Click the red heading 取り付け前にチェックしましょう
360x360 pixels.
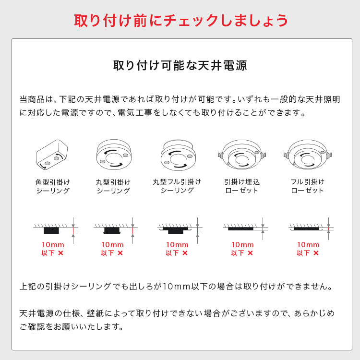(180, 20)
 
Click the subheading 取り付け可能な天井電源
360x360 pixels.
(180, 65)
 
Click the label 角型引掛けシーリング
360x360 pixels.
(53, 186)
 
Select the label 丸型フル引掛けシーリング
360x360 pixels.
(177, 186)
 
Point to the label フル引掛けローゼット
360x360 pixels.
(308, 186)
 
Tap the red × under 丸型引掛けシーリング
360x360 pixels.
(120, 253)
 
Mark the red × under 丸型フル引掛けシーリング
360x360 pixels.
(185, 253)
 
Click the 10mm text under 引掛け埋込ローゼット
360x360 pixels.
(242, 245)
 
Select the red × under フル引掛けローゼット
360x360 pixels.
(316, 253)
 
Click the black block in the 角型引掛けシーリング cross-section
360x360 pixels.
(52, 230)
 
